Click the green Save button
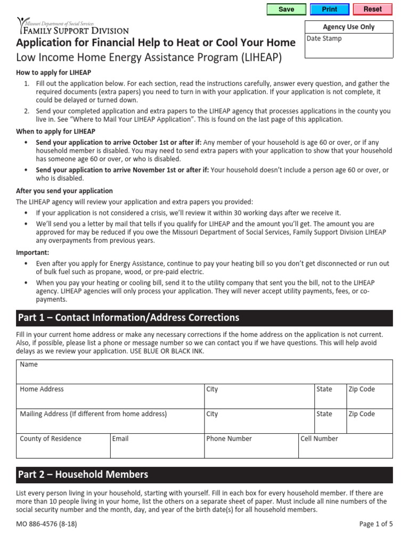point(286,9)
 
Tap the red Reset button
point(372,9)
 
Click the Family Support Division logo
point(72,27)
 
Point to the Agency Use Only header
point(349,27)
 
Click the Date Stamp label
point(324,39)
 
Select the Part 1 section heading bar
point(204,318)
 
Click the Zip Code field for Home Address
point(369,397)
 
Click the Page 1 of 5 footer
point(376,524)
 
